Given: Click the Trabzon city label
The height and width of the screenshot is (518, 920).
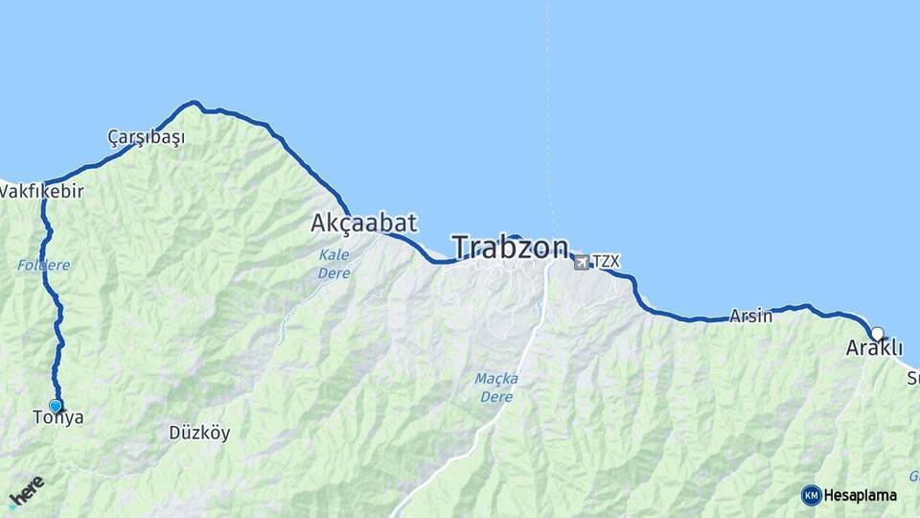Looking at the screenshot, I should (x=510, y=247).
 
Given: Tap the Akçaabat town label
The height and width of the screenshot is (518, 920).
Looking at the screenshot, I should (x=363, y=224).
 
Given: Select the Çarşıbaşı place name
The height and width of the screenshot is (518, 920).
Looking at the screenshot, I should (x=146, y=137).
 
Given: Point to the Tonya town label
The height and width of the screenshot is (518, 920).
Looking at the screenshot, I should (x=57, y=418).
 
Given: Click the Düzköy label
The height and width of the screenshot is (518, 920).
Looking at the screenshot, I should (x=199, y=433).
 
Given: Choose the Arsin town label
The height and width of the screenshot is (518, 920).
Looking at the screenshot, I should (x=750, y=316).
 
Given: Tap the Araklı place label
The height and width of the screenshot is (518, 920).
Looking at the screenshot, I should (x=873, y=349).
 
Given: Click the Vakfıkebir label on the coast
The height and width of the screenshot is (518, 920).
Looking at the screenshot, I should (x=42, y=191).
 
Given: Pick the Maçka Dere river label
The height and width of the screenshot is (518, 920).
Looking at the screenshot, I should (x=496, y=387).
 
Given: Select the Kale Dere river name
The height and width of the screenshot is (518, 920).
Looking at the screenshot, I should (x=334, y=264).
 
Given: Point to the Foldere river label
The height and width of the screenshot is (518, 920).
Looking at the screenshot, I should (x=43, y=265).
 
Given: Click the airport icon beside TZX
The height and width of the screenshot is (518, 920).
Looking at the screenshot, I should (x=582, y=261).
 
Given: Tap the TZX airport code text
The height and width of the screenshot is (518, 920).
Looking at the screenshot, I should (x=606, y=261).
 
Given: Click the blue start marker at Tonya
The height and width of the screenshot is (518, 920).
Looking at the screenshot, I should (x=56, y=406).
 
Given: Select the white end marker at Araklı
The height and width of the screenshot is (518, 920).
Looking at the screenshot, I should (x=876, y=334).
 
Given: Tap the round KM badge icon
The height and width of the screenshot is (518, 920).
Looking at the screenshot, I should (x=811, y=495).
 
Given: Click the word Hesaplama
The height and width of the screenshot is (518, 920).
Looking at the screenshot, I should (x=860, y=496).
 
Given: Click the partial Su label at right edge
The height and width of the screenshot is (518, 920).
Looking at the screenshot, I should (x=912, y=379).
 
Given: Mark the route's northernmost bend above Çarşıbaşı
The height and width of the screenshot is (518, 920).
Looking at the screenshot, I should (x=194, y=103).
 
